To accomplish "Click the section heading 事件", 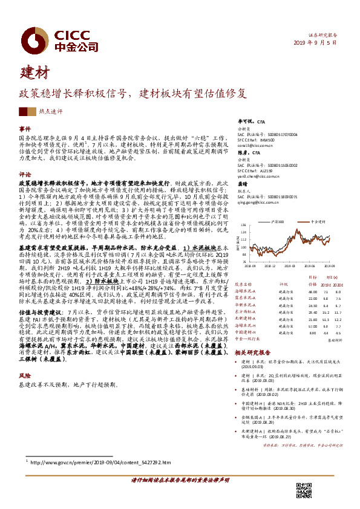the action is coord(25,129).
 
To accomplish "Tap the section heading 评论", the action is coord(25,173).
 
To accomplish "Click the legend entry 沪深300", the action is coord(278,222).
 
